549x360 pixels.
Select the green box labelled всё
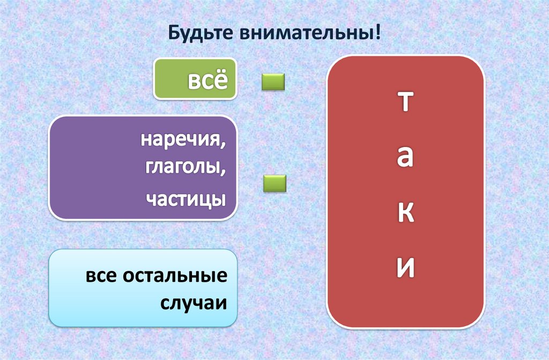pyautogui.click(x=196, y=79)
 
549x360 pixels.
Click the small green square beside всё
pyautogui.click(x=273, y=82)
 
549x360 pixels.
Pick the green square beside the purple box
pyautogui.click(x=274, y=183)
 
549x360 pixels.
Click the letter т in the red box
pyautogui.click(x=406, y=101)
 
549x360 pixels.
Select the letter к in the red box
pyautogui.click(x=406, y=213)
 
